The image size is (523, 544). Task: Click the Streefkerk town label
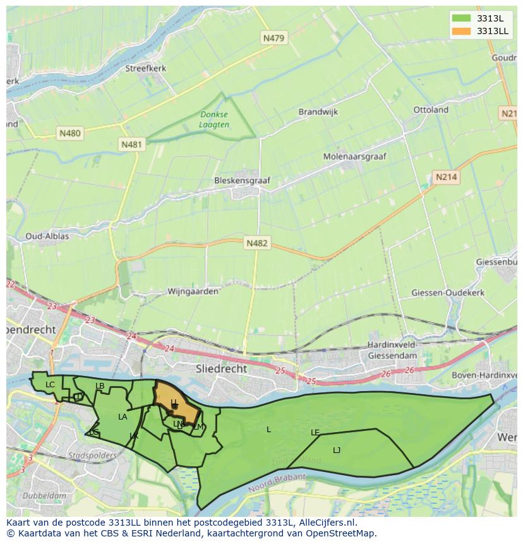tap(145, 68)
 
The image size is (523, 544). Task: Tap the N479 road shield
tap(274, 39)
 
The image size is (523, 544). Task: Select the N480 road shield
tap(70, 133)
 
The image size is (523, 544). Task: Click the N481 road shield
tap(132, 145)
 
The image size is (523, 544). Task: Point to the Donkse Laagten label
tap(214, 119)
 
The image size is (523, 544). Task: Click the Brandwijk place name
tap(318, 112)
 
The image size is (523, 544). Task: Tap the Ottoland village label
tap(431, 110)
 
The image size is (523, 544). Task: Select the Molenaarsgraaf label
tap(355, 156)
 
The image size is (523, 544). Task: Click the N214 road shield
tap(446, 178)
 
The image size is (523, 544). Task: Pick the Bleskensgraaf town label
tap(242, 180)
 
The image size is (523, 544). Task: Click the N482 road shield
tap(257, 243)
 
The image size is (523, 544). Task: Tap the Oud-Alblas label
tap(47, 236)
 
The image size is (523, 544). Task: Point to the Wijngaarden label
tap(193, 291)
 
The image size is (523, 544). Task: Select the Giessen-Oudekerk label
tap(447, 293)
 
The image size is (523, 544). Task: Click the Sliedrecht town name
tap(222, 368)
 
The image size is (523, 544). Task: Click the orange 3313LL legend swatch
tap(461, 31)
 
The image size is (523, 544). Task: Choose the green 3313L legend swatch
tap(461, 18)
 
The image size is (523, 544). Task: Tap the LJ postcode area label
tap(337, 450)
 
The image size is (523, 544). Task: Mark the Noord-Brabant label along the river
tap(277, 484)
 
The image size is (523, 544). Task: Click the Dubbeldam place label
tap(44, 496)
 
